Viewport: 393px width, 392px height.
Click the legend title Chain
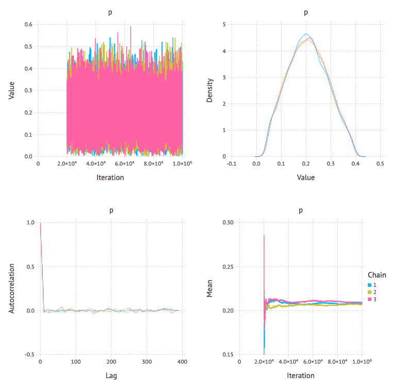click(377, 275)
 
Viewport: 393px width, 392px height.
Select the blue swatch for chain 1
click(369, 285)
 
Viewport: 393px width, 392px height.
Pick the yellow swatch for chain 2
click(369, 292)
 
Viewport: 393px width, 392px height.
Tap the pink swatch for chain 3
click(369, 300)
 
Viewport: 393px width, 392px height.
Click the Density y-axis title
click(210, 90)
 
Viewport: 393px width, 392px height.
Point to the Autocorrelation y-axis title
click(12, 289)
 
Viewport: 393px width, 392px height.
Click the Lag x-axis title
click(111, 375)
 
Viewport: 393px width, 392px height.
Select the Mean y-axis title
click(210, 289)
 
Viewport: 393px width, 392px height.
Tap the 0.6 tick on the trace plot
click(29, 24)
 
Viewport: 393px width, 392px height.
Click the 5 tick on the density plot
click(237, 24)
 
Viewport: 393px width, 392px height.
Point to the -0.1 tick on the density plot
click(232, 164)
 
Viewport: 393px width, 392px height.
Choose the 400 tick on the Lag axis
click(182, 362)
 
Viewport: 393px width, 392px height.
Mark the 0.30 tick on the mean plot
click(227, 223)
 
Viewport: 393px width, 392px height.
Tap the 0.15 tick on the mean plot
click(227, 355)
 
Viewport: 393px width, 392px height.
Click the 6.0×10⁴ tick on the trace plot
click(124, 164)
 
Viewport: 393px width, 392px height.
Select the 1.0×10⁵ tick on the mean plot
click(361, 362)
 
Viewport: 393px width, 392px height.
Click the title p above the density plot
click(306, 12)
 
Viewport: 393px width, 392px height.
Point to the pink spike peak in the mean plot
click(264, 235)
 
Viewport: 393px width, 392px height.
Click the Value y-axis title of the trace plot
click(12, 90)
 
